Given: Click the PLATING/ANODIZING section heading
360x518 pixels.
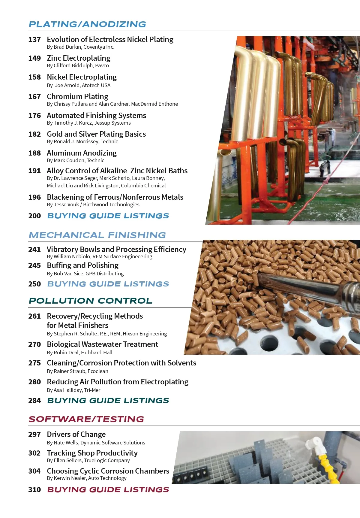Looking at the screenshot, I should coord(87,24).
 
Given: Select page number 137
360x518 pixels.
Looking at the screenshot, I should coord(34,40).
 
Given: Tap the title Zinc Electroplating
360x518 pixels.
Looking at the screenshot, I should coord(79,58).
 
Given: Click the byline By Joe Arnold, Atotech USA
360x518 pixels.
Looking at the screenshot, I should coord(79,85).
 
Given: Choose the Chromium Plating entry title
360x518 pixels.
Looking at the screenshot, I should coord(77,97).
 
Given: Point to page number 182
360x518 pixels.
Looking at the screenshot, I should coord(34,134).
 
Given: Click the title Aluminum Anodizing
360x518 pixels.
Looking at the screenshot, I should coord(82,153).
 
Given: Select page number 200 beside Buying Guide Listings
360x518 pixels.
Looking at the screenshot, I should coord(34,216).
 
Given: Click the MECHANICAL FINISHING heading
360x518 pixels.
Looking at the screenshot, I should coord(97,235).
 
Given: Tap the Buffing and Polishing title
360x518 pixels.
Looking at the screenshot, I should coord(82,265).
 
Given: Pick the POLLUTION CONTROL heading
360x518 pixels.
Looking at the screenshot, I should coord(90,301).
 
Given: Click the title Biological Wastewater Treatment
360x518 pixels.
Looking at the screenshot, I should coord(102,344).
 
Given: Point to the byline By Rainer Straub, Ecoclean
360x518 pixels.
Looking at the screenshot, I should coord(77,371).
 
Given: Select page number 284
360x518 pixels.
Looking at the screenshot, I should coord(34,401).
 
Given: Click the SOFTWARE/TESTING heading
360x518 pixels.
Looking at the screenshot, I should coord(86,419).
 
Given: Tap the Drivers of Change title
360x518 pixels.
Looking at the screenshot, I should coord(76,435).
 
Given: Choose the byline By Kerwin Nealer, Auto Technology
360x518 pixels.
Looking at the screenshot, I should coord(87,478).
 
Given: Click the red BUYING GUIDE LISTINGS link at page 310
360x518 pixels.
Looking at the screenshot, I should coord(108,490).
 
